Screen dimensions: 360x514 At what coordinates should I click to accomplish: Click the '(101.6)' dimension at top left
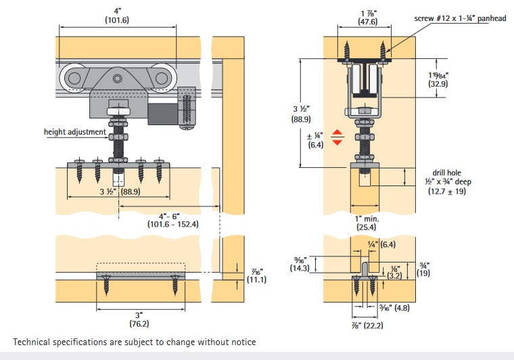118,20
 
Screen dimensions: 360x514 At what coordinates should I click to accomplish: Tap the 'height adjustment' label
74,132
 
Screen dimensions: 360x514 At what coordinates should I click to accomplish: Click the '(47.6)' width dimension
368,22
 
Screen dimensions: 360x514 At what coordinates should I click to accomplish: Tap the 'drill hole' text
448,173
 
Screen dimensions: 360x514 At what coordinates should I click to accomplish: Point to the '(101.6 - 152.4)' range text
172,224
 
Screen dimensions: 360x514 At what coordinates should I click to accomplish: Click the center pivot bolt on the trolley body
118,79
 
